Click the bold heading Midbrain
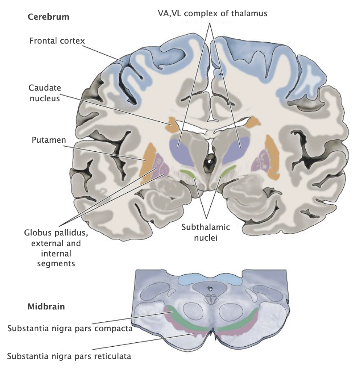click(x=46, y=306)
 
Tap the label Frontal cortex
click(x=57, y=41)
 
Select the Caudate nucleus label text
click(x=44, y=92)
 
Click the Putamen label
click(x=46, y=140)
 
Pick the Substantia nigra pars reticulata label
click(x=69, y=356)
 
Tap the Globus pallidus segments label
click(x=52, y=248)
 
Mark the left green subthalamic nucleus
click(x=188, y=173)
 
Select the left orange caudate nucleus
click(x=173, y=125)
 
